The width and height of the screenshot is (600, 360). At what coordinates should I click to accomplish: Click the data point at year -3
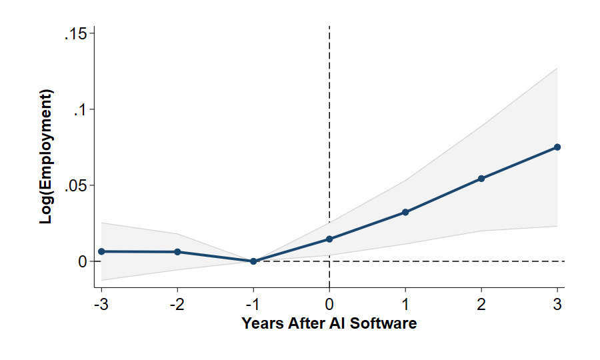(x=101, y=251)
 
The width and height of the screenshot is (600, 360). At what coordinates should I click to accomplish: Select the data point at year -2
(x=177, y=252)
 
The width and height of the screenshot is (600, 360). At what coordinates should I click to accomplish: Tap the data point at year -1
(x=253, y=261)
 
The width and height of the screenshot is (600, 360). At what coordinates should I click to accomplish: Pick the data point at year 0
(x=329, y=239)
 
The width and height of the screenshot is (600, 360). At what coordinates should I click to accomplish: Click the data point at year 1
(x=405, y=212)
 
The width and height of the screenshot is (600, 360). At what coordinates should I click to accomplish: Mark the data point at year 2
(x=481, y=179)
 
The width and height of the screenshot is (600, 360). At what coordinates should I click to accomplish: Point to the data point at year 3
(x=557, y=147)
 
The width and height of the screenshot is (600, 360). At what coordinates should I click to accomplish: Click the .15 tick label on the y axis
(x=75, y=33)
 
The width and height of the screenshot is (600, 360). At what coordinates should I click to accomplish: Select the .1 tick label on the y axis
(x=80, y=109)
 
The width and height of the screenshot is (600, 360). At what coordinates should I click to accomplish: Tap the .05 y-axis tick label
(x=75, y=185)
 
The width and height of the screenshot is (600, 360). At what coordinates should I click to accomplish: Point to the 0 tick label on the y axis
(x=83, y=261)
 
